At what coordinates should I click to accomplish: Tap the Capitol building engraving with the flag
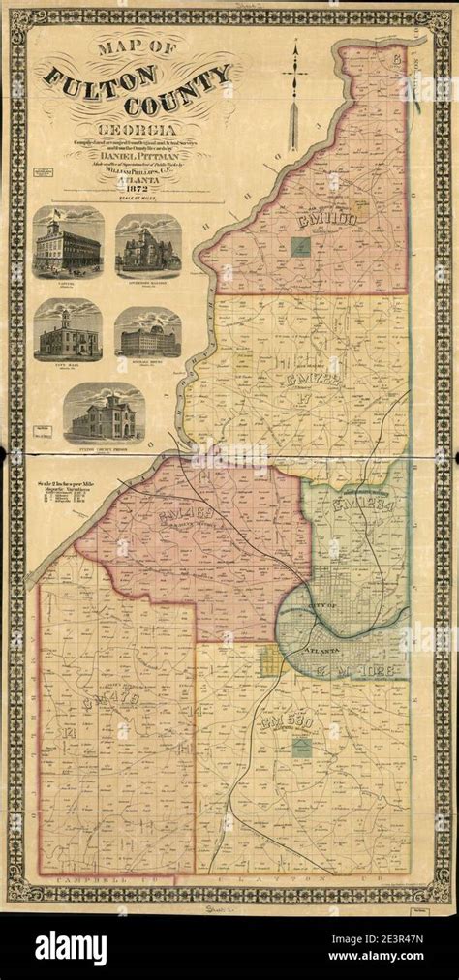[x=69, y=246]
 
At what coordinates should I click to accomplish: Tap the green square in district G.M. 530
[x=302, y=747]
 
